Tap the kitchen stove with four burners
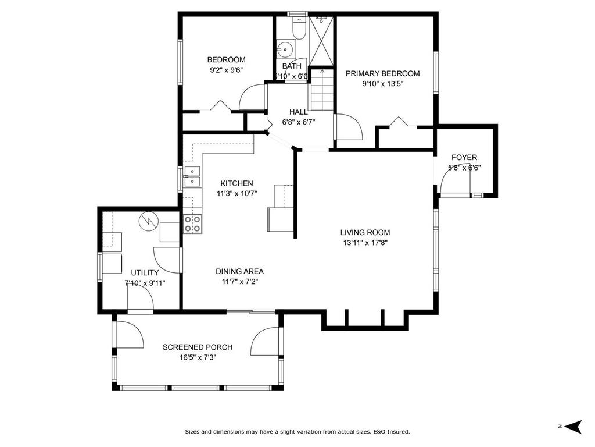click(x=192, y=224)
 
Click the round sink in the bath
click(x=284, y=49)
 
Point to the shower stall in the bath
click(x=321, y=41)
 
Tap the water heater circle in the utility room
click(x=148, y=221)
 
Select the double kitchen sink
click(x=192, y=176)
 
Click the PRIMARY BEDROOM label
click(x=382, y=73)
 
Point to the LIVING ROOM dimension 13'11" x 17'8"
click(x=365, y=243)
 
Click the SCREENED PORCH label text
click(x=198, y=347)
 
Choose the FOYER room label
click(x=464, y=158)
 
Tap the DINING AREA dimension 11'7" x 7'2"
click(x=239, y=282)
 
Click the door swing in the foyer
click(x=453, y=185)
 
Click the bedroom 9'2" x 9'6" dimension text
click(x=226, y=69)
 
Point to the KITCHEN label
click(x=236, y=183)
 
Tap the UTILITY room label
click(x=145, y=272)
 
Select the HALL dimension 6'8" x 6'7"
click(x=298, y=122)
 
